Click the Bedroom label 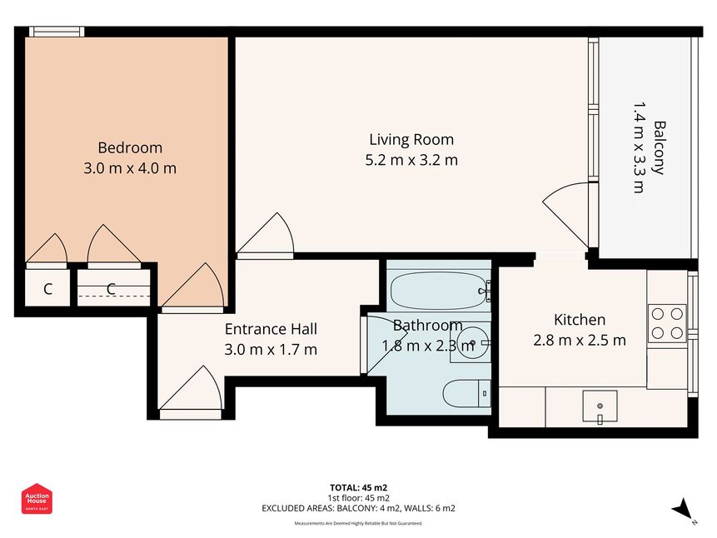click(x=130, y=147)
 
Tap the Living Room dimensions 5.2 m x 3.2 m click(x=411, y=160)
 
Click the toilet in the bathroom click(x=466, y=393)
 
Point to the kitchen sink click(x=600, y=406)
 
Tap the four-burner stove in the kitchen click(x=667, y=323)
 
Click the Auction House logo click(x=37, y=499)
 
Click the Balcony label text click(x=660, y=147)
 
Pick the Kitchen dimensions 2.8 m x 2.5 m click(x=580, y=341)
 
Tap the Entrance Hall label click(x=271, y=329)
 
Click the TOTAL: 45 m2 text click(x=358, y=488)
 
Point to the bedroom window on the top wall click(x=57, y=32)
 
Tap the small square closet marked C click(x=47, y=289)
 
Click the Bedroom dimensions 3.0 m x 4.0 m click(x=130, y=168)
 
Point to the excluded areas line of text click(x=358, y=508)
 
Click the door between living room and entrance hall click(x=265, y=236)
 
